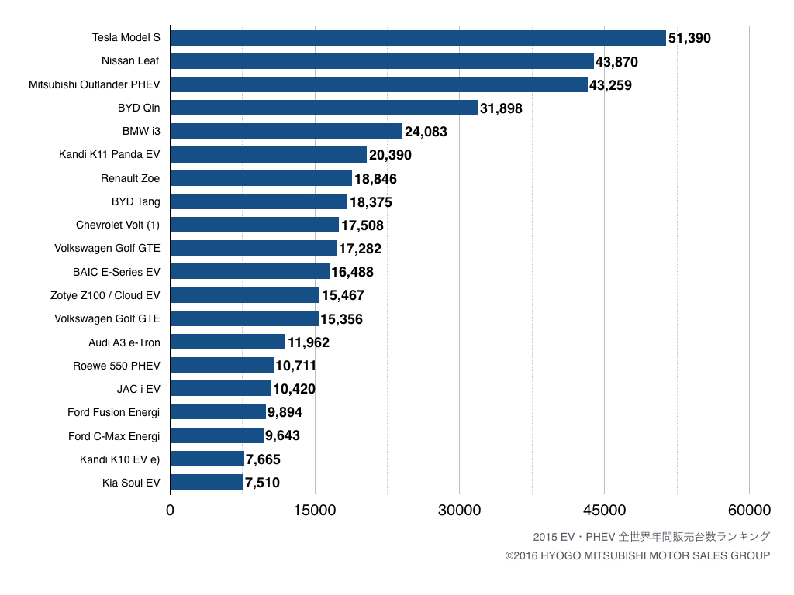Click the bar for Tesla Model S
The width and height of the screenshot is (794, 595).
coord(418,38)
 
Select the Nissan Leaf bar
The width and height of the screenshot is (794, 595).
coord(381,61)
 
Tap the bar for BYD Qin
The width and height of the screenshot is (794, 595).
coord(324,108)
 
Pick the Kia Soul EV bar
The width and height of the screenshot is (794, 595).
coord(206,483)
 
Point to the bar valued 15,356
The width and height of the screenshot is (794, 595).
coord(244,318)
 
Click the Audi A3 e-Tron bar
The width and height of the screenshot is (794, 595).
coord(227,342)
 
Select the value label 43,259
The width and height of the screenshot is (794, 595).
coord(610,85)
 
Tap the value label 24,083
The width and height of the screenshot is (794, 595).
coord(426,132)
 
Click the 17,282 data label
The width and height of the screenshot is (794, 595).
coord(360,249)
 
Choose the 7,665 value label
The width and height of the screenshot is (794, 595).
coord(263,459)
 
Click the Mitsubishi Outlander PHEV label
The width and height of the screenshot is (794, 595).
coord(95,84)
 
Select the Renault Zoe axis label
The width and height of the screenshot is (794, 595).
coord(130,178)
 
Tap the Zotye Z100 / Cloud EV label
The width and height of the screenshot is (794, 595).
coord(105,295)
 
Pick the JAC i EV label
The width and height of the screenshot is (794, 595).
coord(138,389)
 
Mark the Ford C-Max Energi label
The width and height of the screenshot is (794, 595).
coord(114,436)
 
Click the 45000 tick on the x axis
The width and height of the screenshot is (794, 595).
coord(604,510)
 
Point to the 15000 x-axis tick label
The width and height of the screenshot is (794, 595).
coord(315,510)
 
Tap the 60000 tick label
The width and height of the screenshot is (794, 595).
coord(749,510)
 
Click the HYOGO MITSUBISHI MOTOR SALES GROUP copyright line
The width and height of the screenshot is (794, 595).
coord(637,555)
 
